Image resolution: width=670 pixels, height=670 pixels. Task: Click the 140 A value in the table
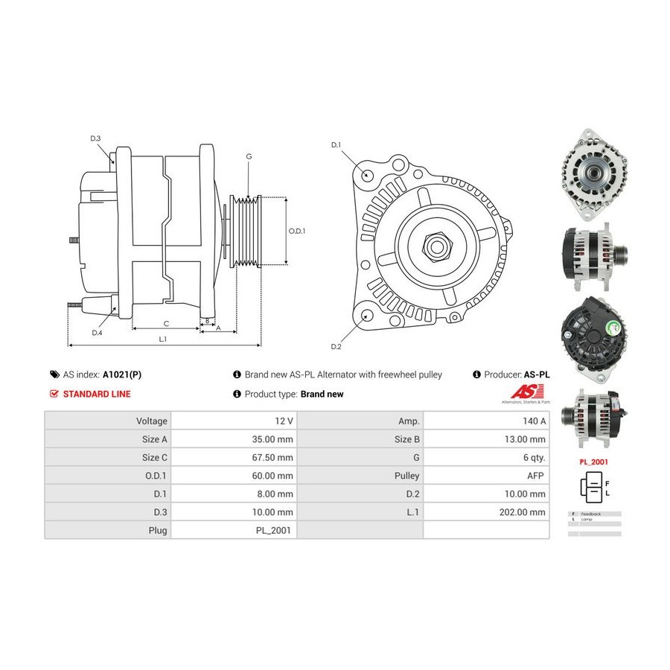point(534,421)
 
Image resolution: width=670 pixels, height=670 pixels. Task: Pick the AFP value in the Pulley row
point(537,476)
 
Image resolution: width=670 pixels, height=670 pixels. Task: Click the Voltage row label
point(152,421)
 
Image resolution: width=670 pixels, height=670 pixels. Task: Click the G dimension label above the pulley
point(249,156)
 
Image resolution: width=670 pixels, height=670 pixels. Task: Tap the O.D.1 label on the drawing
point(296,231)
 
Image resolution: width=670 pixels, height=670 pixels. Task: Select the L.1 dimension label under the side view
point(163,339)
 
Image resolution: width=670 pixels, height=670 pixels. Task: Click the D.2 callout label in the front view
point(335,347)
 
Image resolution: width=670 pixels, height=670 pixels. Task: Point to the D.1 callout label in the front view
point(335,144)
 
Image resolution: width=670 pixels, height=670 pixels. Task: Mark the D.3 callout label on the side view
point(95,138)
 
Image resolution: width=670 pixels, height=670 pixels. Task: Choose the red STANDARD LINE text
point(97,394)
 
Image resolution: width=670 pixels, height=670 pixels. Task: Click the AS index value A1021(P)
point(122,374)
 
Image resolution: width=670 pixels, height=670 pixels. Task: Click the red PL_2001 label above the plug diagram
point(594,462)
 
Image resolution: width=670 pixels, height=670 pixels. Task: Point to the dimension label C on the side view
point(166,324)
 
